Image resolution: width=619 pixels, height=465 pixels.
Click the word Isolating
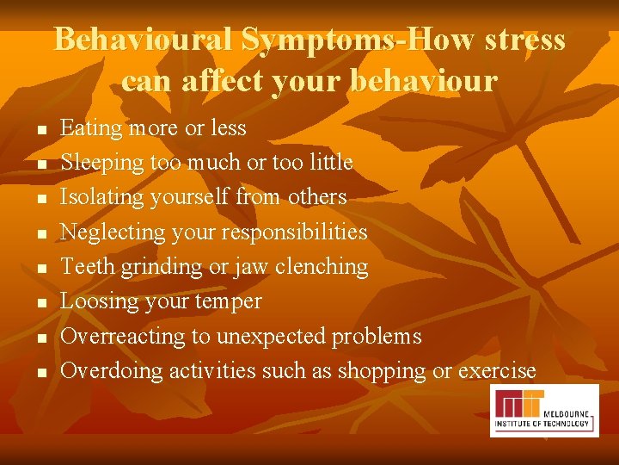tap(102, 198)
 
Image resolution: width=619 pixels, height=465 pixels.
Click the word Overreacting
tap(123, 337)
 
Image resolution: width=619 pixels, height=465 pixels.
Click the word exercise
tap(497, 371)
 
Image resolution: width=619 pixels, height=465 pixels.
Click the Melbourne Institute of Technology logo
tap(544, 410)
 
